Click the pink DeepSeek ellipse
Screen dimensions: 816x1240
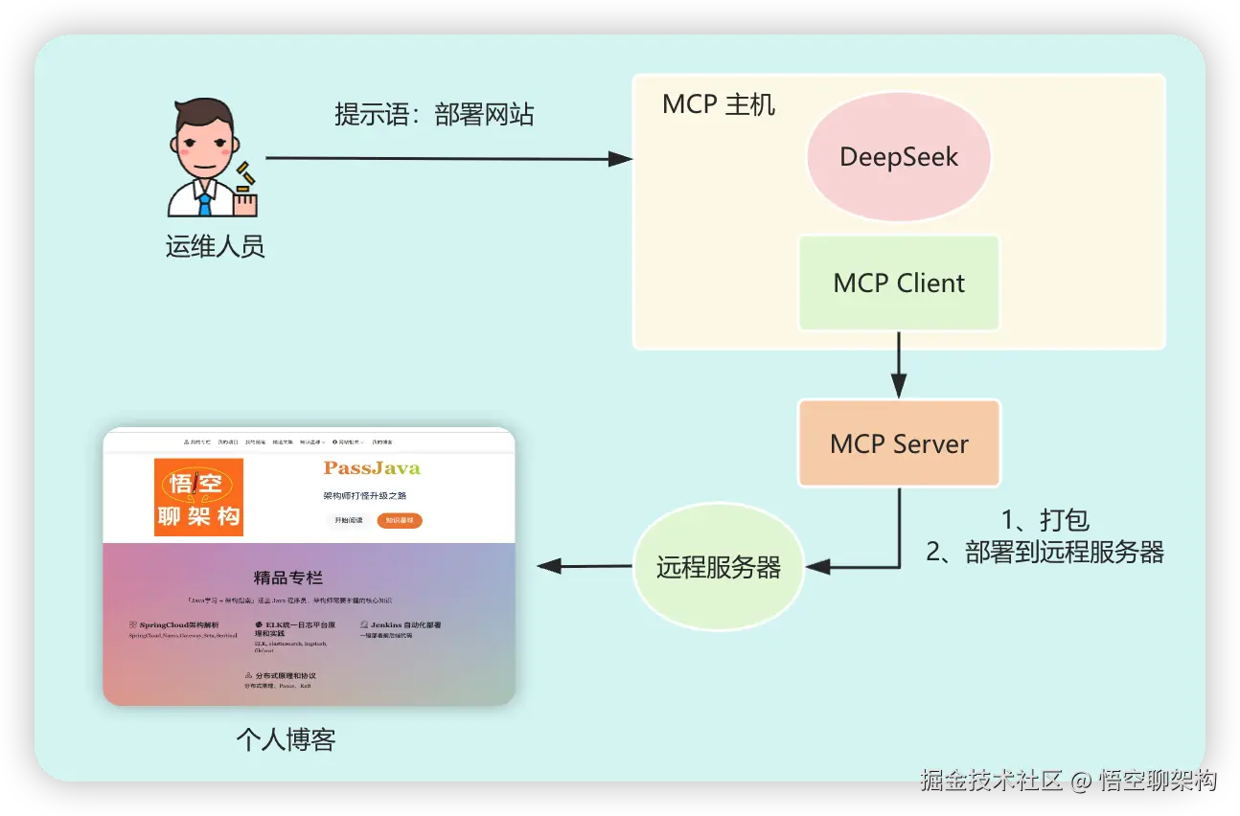click(x=898, y=157)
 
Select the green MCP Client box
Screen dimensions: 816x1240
click(x=899, y=283)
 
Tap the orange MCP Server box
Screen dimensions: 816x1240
click(x=899, y=443)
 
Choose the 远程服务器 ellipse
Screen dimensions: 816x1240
click(x=718, y=567)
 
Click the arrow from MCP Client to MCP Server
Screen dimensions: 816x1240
click(x=899, y=365)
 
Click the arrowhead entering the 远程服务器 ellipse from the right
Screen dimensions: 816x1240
click(x=817, y=567)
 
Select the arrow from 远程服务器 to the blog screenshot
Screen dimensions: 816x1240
click(x=585, y=566)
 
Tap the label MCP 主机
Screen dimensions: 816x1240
click(x=718, y=104)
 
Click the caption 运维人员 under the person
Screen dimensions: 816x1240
click(x=215, y=247)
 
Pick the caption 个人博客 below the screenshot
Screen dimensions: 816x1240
click(x=286, y=739)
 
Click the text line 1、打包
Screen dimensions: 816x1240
click(x=1045, y=520)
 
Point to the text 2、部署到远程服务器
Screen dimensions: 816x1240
click(x=1045, y=552)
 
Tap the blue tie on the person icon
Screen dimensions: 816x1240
click(x=205, y=202)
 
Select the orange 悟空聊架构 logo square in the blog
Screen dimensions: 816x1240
click(x=199, y=497)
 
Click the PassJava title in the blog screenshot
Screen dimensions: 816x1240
click(x=372, y=468)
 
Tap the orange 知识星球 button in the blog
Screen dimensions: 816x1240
click(x=399, y=521)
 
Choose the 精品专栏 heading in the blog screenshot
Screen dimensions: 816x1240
click(x=287, y=578)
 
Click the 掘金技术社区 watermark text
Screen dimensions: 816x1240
click(x=991, y=780)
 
